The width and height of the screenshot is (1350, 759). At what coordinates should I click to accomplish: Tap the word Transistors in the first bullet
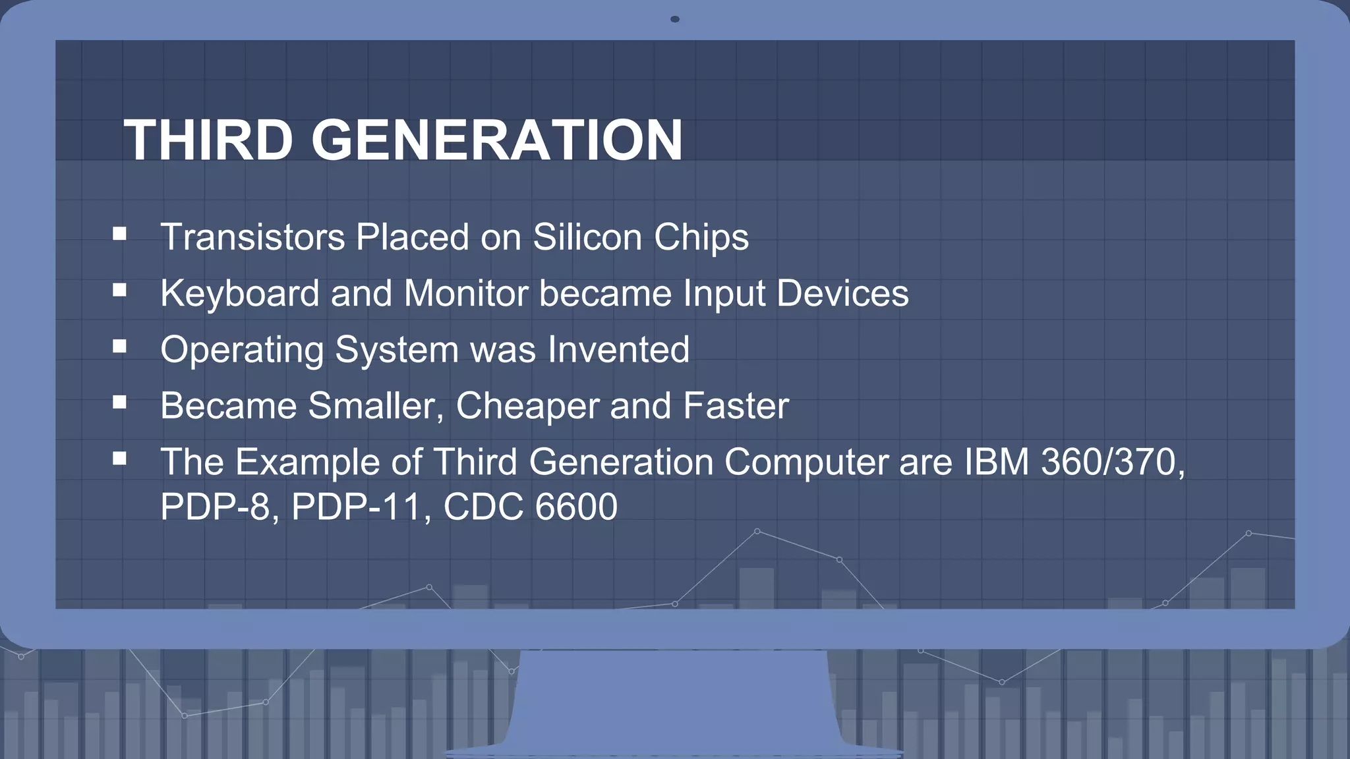[x=252, y=237]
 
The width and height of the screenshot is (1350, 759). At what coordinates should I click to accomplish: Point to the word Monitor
[x=466, y=293]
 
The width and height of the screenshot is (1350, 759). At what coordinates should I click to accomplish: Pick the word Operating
[x=241, y=350]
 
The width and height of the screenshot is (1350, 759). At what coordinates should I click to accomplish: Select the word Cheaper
[x=527, y=406]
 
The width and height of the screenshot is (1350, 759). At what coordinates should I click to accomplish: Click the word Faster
[x=736, y=406]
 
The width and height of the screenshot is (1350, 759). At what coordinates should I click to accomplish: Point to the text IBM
[x=997, y=461]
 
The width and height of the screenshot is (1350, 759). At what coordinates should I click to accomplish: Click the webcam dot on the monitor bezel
[x=674, y=19]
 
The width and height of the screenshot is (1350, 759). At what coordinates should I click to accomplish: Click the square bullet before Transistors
[x=119, y=233]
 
